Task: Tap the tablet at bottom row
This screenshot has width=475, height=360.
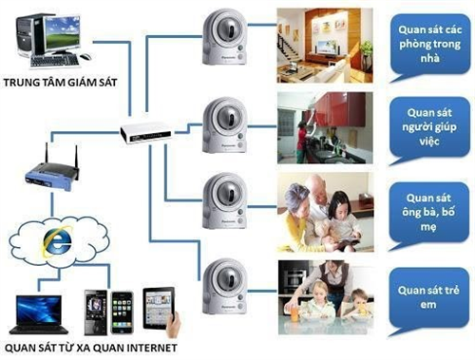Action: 162,308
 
